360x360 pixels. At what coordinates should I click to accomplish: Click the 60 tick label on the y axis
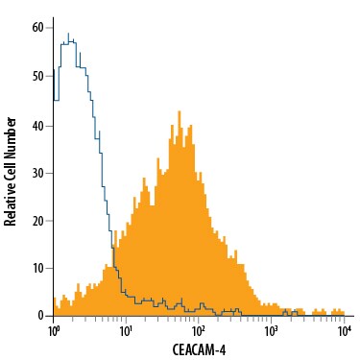[x=37, y=28]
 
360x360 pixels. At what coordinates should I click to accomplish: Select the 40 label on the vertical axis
[x=37, y=124]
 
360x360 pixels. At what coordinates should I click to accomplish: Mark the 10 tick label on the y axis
[x=37, y=268]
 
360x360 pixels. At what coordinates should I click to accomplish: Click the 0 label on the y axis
[x=40, y=316]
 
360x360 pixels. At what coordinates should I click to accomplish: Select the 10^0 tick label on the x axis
[x=54, y=331]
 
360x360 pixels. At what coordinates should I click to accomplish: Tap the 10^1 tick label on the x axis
[x=126, y=331]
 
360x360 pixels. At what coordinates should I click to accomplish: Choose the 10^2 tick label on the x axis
[x=199, y=331]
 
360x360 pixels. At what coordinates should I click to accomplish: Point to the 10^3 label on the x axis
[x=272, y=331]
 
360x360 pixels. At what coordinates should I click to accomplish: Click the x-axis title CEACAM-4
[x=197, y=349]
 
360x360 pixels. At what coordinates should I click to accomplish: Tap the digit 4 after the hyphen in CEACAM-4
[x=223, y=349]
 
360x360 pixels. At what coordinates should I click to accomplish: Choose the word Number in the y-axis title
[x=12, y=122]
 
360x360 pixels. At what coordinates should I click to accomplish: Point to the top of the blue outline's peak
[x=68, y=34]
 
